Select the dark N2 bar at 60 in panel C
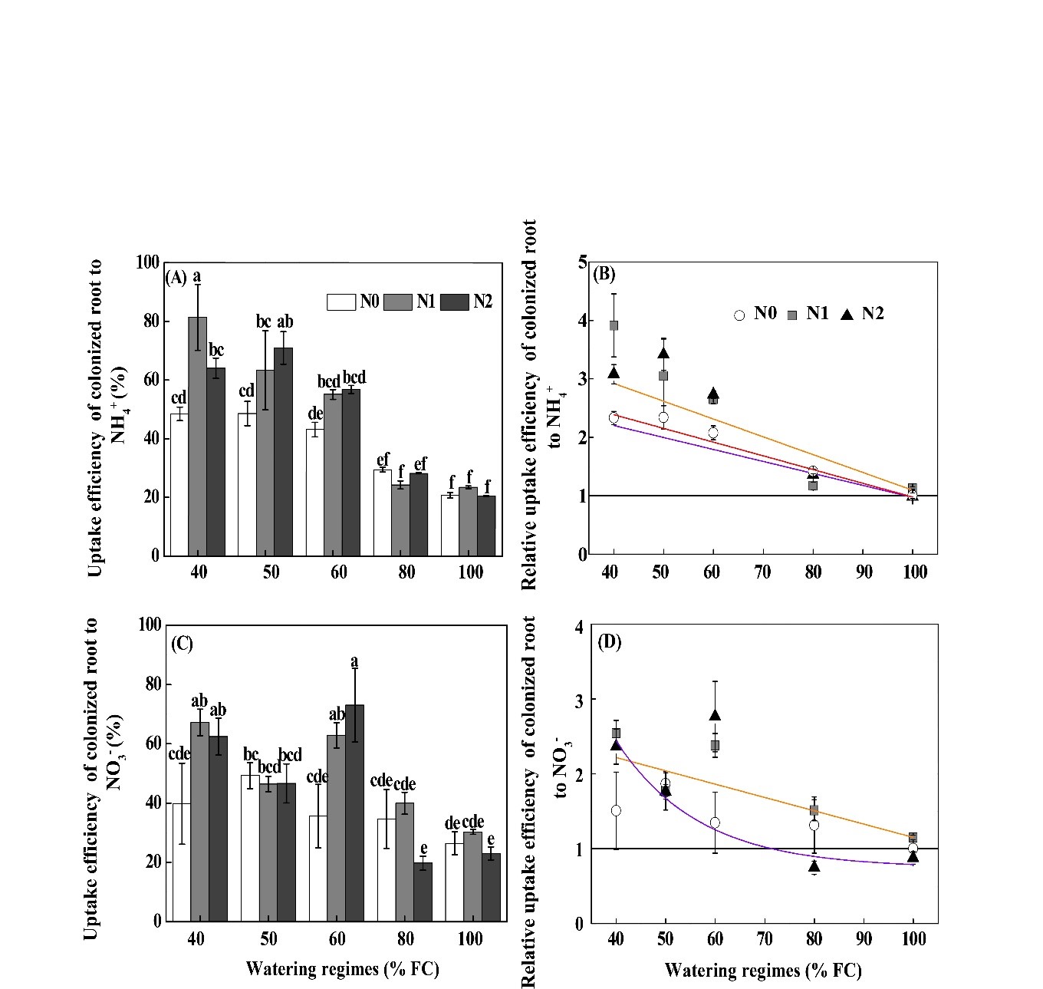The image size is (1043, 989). (354, 813)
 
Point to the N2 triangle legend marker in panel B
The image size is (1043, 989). (847, 314)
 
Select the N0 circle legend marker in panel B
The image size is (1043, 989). (739, 315)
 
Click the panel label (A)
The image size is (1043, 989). (176, 278)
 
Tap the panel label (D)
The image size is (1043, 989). (610, 642)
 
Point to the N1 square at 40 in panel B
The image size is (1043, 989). (614, 325)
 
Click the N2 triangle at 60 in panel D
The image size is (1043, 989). (715, 715)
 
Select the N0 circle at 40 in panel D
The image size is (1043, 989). (615, 810)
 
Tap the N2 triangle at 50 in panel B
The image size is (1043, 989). (663, 353)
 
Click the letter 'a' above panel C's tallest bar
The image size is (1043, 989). (354, 661)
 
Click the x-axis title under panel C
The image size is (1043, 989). (342, 969)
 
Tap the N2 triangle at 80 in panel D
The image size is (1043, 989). (814, 866)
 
